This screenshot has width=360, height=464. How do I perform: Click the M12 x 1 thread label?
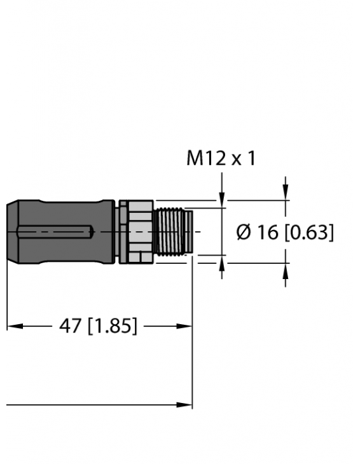[221, 158]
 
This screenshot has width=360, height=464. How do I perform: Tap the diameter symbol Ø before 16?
[245, 233]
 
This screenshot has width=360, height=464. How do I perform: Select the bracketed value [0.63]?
[308, 233]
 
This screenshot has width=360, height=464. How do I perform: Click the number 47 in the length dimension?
[70, 326]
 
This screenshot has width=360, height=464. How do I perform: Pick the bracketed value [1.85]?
[111, 326]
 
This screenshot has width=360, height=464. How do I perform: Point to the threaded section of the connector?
[172, 232]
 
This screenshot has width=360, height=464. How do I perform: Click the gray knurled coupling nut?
[137, 232]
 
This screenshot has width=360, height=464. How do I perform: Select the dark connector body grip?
[64, 232]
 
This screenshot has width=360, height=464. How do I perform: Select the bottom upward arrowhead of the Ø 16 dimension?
[286, 270]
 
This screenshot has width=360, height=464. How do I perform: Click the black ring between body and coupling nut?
[116, 232]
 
